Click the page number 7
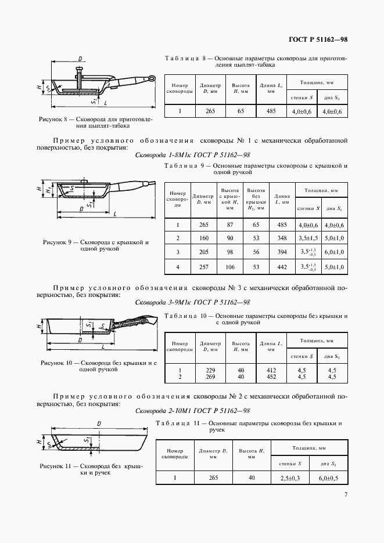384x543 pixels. tap(346, 494)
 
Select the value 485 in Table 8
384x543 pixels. tap(271, 111)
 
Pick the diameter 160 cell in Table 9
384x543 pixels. tap(203, 238)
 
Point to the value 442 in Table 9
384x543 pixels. tap(282, 267)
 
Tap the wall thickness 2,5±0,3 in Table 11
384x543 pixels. tap(290, 477)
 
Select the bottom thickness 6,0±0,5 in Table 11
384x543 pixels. tap(328, 477)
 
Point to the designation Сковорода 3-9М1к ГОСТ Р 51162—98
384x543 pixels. tap(192, 302)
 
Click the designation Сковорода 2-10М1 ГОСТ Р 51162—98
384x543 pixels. tap(192, 411)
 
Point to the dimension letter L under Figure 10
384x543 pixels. tap(102, 346)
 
